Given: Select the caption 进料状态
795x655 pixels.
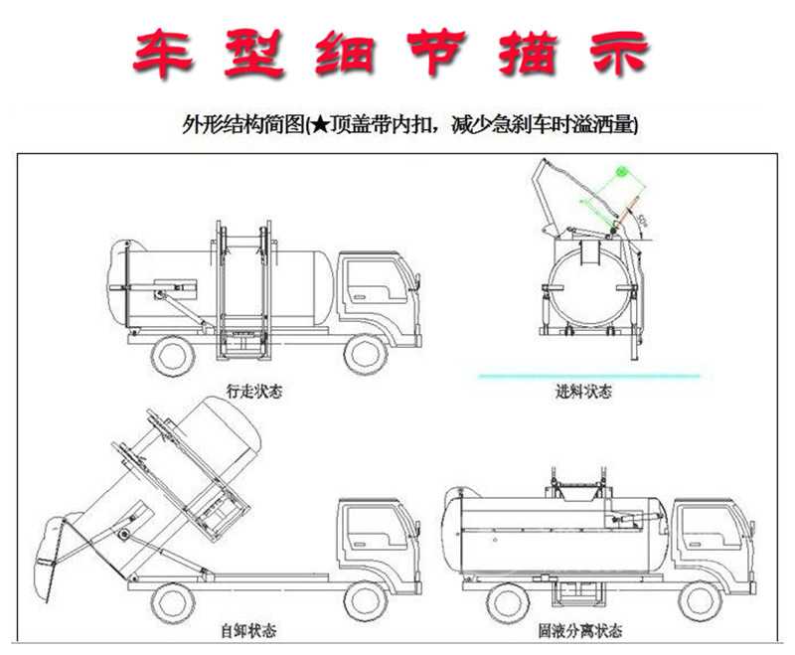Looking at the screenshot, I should tap(584, 392).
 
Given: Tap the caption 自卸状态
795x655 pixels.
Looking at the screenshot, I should tap(248, 631).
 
